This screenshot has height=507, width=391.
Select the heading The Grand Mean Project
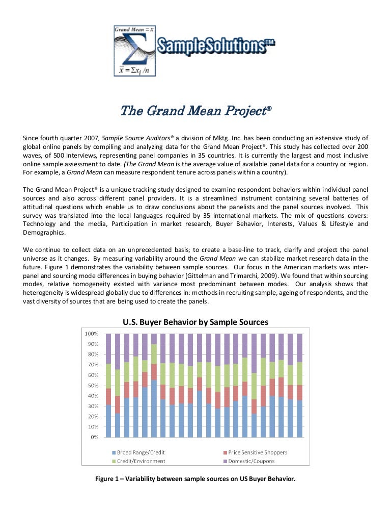click(195, 111)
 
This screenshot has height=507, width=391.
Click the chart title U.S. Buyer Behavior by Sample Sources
click(195, 322)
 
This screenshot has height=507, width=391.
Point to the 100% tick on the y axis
click(91, 334)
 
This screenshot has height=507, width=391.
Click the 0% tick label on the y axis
click(94, 438)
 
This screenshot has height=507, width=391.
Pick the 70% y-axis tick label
click(92, 365)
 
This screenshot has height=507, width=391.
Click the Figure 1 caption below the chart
click(195, 479)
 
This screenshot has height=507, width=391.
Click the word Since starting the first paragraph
click(32, 138)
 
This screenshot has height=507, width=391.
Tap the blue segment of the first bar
click(108, 421)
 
